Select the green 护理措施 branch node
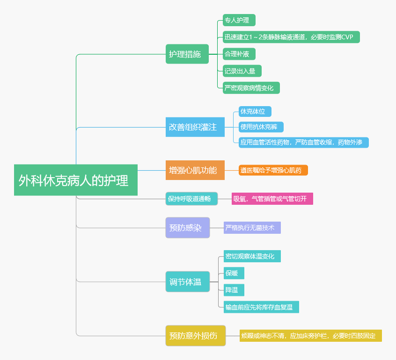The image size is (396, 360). [187, 54]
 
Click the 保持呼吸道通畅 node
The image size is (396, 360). [191, 199]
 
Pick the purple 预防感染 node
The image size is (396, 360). [187, 228]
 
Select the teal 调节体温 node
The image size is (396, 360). [187, 281]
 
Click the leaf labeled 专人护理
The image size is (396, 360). [239, 20]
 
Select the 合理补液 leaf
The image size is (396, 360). [239, 54]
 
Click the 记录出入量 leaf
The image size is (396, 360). [242, 71]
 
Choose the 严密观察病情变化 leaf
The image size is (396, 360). [251, 87]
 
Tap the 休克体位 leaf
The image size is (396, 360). [255, 111]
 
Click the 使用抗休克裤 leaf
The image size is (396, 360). [261, 127]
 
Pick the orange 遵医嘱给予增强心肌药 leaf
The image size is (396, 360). [273, 170]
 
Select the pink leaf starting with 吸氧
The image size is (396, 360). [272, 199]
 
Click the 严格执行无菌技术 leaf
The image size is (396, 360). [252, 228]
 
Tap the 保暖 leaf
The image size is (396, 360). [234, 273]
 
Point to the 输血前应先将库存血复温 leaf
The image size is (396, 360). [261, 307]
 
